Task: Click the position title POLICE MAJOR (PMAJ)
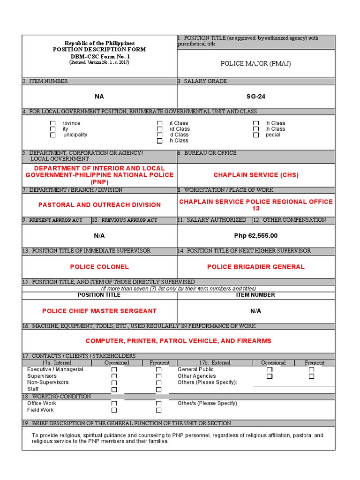[256, 63]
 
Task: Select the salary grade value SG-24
[256, 97]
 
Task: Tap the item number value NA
[99, 97]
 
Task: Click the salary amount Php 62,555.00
[256, 236]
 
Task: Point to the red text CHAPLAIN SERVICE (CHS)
[256, 175]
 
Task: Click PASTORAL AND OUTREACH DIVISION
[99, 205]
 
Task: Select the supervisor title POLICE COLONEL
[99, 267]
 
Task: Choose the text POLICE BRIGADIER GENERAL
[256, 267]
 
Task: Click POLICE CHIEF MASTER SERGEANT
[99, 311]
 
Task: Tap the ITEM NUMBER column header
[255, 295]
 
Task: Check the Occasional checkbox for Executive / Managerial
[114, 370]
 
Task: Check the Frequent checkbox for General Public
[311, 370]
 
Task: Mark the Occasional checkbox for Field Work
[114, 410]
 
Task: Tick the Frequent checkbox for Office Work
[158, 404]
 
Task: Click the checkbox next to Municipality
[53, 135]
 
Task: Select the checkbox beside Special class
[255, 135]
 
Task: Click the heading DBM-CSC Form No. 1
[99, 56]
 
